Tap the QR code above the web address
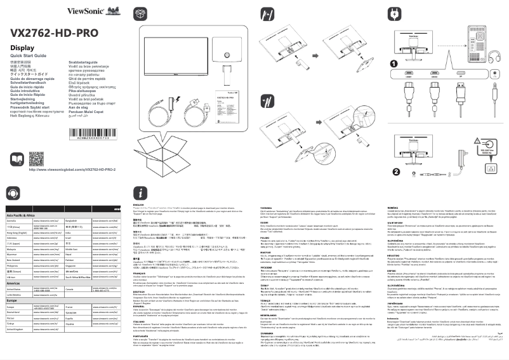(x=36, y=159)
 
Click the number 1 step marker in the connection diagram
(x=395, y=63)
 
